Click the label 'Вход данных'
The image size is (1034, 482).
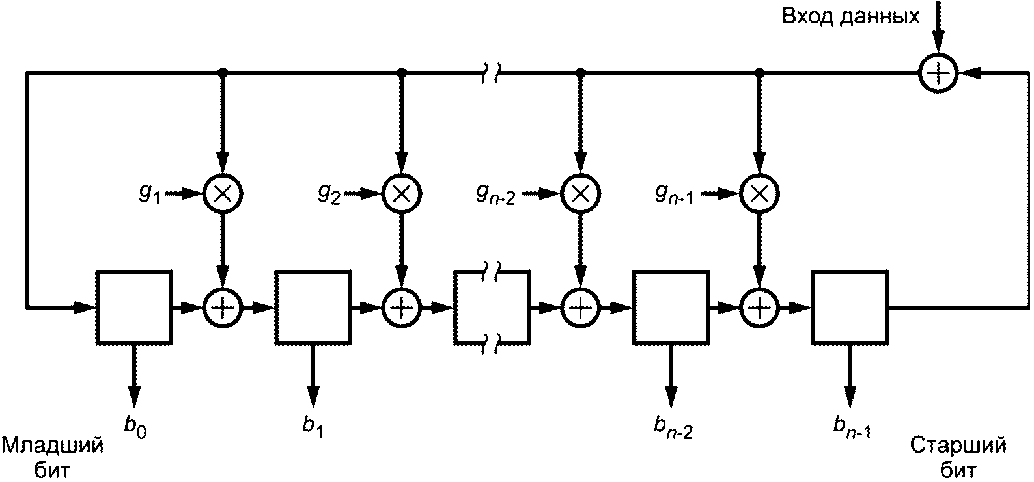(850, 17)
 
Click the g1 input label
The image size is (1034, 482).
(150, 194)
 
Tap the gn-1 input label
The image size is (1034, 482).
(674, 194)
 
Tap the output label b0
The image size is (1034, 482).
(135, 427)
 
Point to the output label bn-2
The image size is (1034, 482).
(673, 427)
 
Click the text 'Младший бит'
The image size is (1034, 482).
(53, 458)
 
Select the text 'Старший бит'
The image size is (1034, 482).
(958, 458)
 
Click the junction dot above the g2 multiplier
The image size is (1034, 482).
(402, 72)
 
